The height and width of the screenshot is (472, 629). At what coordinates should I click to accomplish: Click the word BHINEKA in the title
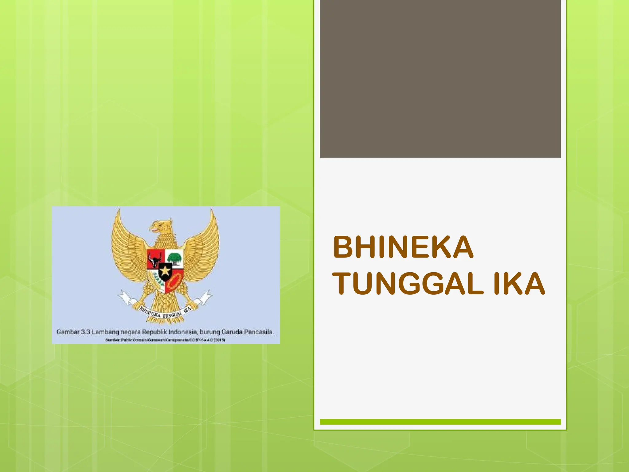tap(403, 247)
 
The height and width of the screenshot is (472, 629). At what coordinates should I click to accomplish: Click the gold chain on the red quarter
tap(174, 282)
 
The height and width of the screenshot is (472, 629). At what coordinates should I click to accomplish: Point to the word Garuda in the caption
tap(232, 332)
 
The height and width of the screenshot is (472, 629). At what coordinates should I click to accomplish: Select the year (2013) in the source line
tap(220, 340)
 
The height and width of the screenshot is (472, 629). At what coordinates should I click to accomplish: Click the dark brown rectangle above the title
tap(440, 79)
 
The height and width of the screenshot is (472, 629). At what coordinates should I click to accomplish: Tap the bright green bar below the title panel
tap(440, 422)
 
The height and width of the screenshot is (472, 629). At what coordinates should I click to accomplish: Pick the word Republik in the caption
tap(154, 332)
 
